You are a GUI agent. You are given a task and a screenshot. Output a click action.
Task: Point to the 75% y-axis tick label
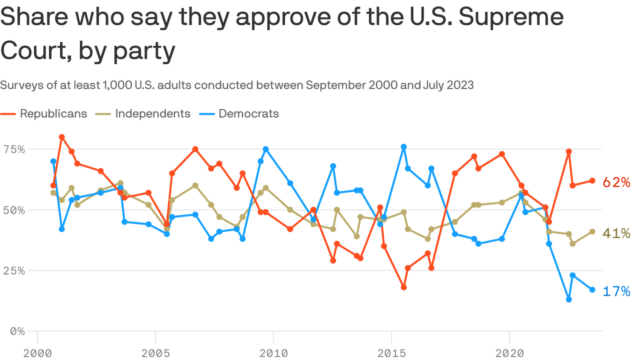click(14, 149)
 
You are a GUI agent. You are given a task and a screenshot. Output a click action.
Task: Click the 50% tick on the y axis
click(14, 210)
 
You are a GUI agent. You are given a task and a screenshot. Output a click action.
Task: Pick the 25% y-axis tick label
click(14, 270)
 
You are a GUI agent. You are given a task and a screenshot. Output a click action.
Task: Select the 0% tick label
click(18, 331)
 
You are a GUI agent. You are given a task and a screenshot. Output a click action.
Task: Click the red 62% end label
click(616, 182)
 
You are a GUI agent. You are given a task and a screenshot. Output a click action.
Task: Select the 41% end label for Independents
click(616, 233)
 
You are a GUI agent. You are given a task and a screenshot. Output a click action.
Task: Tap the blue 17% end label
click(616, 292)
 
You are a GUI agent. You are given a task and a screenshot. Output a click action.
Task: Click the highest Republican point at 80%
click(61, 137)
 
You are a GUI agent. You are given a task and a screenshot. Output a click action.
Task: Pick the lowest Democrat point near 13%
click(569, 300)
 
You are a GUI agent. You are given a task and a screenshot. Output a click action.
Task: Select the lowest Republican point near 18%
click(404, 287)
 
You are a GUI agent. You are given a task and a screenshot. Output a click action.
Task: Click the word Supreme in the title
click(510, 18)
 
